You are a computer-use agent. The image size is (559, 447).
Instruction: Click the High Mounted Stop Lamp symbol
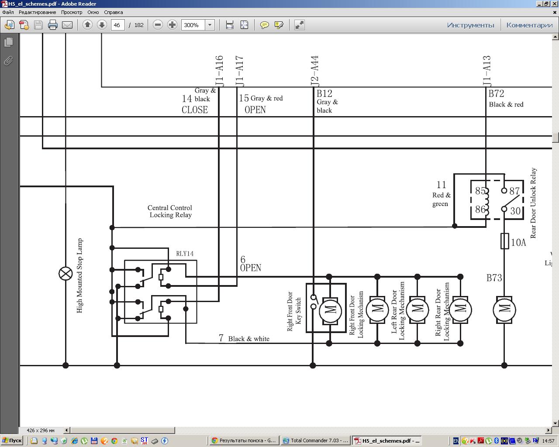(66, 274)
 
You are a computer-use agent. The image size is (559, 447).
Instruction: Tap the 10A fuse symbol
(504, 241)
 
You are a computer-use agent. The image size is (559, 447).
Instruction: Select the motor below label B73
(504, 310)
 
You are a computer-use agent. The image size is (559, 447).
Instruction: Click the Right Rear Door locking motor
(460, 310)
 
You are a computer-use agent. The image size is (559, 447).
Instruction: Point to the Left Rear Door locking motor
(417, 310)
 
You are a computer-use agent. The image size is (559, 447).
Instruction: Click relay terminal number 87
(514, 191)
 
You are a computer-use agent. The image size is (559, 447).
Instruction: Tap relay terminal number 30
(515, 211)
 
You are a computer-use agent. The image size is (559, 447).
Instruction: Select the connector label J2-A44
(314, 71)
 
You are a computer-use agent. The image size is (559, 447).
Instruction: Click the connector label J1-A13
(487, 71)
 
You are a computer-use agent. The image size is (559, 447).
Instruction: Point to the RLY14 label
(185, 254)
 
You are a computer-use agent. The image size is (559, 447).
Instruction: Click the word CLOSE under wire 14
(195, 110)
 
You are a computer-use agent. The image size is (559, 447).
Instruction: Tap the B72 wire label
(496, 93)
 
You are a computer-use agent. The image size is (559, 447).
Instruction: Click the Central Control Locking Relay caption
(170, 211)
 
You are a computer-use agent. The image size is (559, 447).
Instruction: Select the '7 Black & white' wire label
(244, 338)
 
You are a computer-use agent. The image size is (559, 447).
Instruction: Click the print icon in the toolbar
(53, 25)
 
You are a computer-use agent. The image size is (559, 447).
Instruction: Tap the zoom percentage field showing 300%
(193, 25)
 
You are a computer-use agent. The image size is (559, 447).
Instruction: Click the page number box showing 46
(117, 25)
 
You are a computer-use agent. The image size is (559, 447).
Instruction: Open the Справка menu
(113, 12)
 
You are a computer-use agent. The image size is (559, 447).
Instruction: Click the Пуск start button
(12, 440)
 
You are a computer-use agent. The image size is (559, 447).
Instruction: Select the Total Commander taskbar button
(316, 440)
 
